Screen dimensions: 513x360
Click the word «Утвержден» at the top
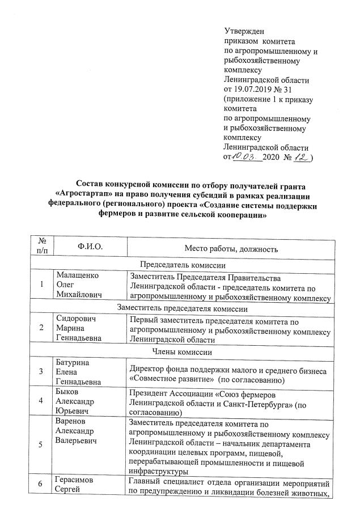point(244,31)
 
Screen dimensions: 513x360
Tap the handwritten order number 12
point(300,156)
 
